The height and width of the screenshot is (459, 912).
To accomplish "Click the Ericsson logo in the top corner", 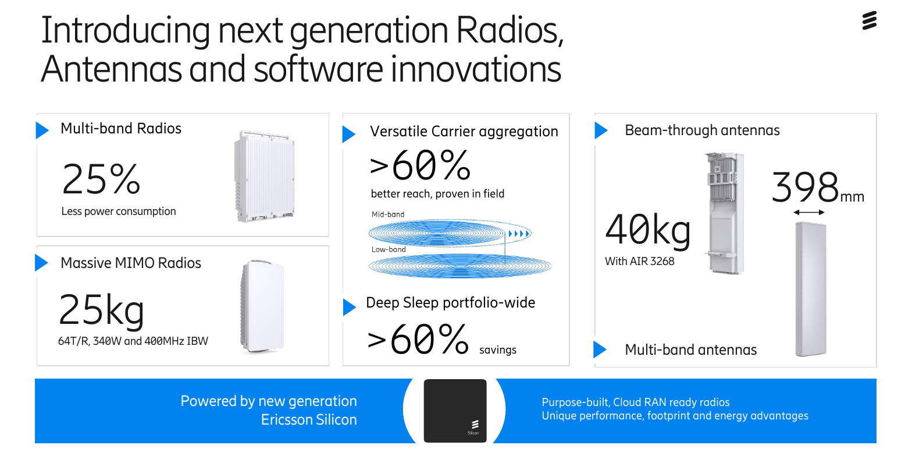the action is point(869,21).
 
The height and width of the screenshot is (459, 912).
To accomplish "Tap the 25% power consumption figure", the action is point(101,179).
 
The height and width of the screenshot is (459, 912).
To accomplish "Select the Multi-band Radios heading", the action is point(121,128).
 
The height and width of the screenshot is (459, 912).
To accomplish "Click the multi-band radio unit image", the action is point(264,176).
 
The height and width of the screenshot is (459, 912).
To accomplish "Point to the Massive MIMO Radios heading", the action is point(131,263).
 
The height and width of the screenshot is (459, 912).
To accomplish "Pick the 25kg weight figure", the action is point(101,310).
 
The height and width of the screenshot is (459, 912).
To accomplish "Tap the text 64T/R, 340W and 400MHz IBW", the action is point(133,341).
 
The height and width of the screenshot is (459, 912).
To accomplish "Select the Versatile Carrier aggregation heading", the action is point(464,132).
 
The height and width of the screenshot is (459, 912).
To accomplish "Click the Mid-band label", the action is point(388,214).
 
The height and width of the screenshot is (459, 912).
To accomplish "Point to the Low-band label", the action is point(389,249).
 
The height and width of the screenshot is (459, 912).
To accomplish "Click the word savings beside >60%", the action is point(497,349).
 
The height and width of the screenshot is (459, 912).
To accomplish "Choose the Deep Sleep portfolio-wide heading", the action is point(450,303).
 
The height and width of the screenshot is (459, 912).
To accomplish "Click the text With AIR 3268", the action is point(640,262).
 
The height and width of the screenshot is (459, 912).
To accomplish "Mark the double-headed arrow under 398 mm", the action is point(809,213).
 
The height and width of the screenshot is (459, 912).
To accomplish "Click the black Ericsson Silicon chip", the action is point(455,411).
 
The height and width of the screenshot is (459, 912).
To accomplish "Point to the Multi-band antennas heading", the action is point(690,349).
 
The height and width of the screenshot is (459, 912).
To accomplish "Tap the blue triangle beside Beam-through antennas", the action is point(600,130).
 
